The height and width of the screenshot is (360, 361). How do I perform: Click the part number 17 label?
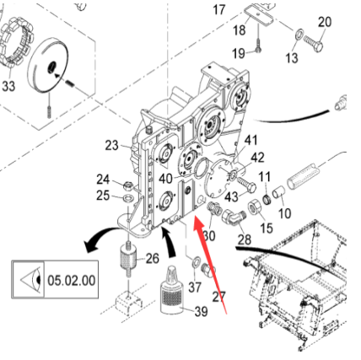pos(219,10)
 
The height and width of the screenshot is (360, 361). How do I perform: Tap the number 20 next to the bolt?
pos(324,22)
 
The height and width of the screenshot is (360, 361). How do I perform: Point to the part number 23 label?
pos(112,145)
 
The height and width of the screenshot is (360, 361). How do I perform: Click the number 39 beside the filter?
pos(201,312)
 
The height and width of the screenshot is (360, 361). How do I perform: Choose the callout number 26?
pos(153,258)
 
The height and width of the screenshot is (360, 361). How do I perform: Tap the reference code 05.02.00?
pos(72,279)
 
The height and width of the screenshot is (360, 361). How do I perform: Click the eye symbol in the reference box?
pos(28,279)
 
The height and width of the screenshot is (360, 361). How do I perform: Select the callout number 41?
pos(251,139)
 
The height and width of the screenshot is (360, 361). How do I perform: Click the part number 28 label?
pos(245,240)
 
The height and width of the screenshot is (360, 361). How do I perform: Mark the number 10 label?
pos(284,214)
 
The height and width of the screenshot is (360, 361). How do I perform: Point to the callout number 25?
pos(103,196)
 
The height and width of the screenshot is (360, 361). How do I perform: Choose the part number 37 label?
pos(195,287)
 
